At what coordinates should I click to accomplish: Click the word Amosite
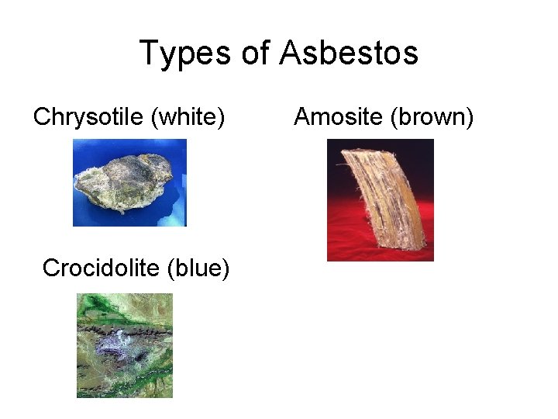click(x=338, y=117)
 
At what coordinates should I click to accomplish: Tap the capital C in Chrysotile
click(x=42, y=117)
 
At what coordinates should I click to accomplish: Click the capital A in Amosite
click(x=302, y=117)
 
